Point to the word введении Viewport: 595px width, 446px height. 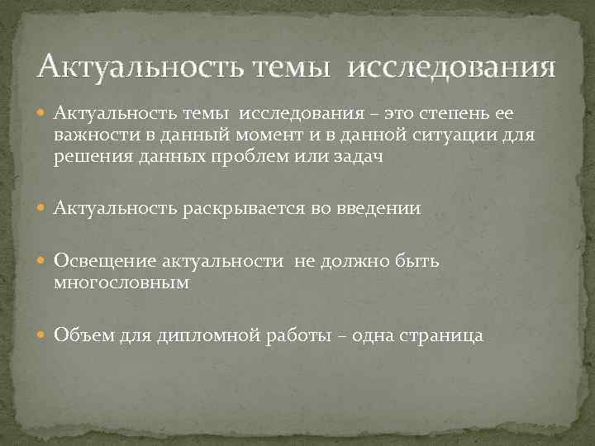click(x=379, y=208)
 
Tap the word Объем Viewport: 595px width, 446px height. click(x=79, y=335)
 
